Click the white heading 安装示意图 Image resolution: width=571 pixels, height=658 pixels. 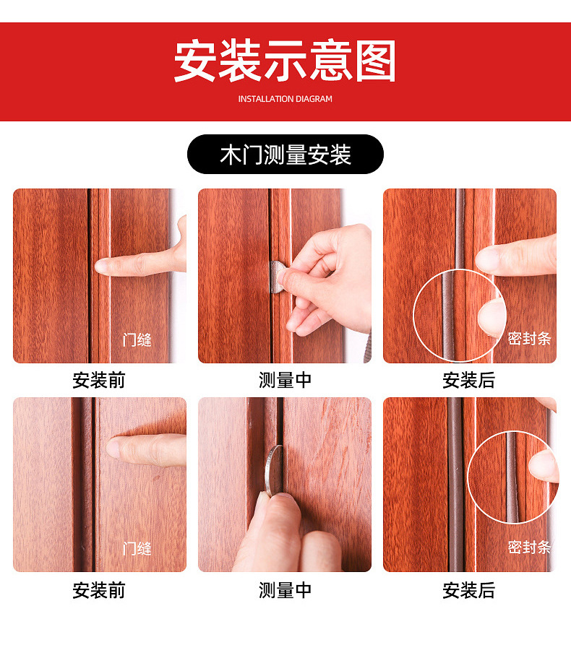click(285, 61)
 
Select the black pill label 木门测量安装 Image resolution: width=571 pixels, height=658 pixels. click(285, 155)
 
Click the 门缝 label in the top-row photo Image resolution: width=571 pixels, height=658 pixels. click(137, 339)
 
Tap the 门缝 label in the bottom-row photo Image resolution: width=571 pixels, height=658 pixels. click(137, 548)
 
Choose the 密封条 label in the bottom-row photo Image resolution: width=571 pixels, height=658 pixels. click(529, 547)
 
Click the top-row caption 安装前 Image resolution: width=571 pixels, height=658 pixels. click(99, 381)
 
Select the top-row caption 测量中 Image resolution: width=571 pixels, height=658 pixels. click(285, 381)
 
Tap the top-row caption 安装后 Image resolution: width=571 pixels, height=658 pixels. click(469, 381)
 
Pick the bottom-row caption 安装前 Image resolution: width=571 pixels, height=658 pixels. click(99, 590)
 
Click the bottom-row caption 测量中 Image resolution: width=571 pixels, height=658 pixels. click(285, 590)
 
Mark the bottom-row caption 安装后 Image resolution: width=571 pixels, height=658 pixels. click(469, 590)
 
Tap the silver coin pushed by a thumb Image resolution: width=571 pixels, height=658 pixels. click(273, 468)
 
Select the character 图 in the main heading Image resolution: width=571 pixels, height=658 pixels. click(374, 61)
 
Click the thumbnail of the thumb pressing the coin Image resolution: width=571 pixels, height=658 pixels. click(285, 485)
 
